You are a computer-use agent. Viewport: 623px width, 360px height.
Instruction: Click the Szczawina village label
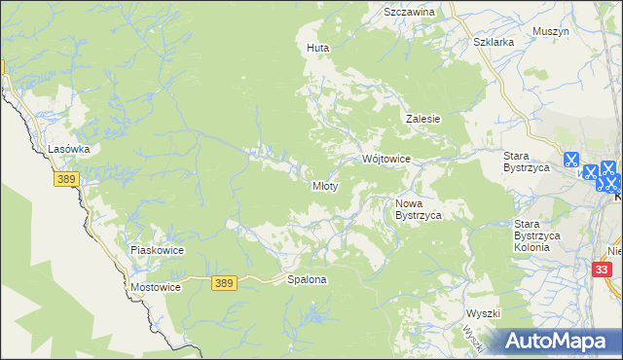(409, 12)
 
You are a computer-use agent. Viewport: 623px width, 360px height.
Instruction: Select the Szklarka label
(493, 43)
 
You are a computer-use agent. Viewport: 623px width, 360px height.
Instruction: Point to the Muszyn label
(551, 31)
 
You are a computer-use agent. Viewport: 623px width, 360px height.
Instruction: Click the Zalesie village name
(423, 119)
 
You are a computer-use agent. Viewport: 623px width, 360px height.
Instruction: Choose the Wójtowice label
(386, 159)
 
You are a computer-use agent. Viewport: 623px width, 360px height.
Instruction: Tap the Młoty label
(324, 186)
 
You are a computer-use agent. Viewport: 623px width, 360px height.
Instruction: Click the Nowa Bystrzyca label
(419, 209)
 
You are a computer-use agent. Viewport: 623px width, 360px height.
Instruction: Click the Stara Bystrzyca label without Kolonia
(527, 162)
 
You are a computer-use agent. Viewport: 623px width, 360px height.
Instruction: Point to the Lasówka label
(69, 149)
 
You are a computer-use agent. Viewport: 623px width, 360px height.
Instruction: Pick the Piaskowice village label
(157, 250)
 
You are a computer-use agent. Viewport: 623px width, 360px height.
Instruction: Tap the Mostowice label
(156, 288)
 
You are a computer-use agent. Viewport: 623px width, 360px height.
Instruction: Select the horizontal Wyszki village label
(483, 313)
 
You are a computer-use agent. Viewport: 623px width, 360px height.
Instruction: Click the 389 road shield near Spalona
(224, 282)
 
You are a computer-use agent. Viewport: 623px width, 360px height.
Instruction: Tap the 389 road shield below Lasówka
(66, 181)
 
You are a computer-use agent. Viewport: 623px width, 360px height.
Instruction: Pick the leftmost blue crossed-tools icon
(570, 160)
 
